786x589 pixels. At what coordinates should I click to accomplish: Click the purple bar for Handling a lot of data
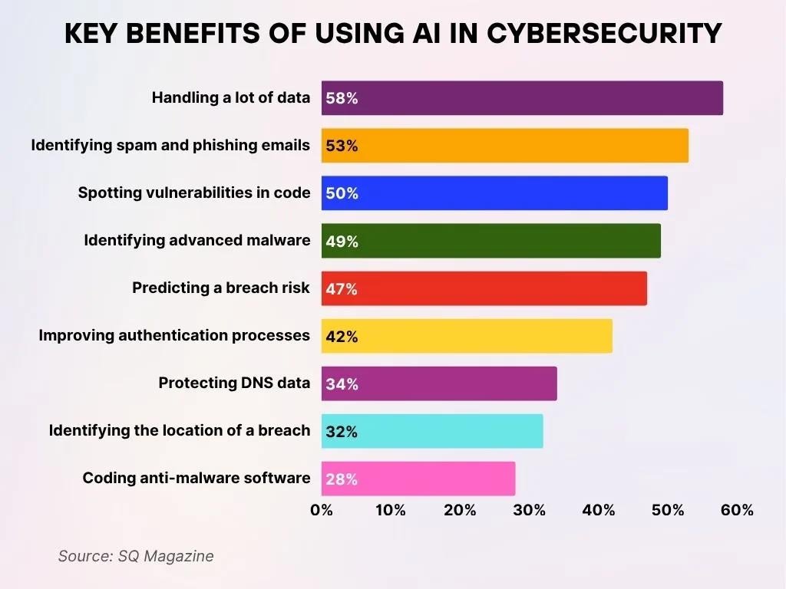click(522, 98)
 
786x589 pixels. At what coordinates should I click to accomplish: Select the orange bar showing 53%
click(504, 146)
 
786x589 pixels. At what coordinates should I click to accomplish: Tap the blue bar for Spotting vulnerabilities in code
click(494, 193)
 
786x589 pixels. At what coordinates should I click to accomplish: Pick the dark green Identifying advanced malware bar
click(490, 241)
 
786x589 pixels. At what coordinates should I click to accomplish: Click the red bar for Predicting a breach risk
click(484, 288)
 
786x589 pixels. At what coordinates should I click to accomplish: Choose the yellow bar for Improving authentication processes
click(467, 336)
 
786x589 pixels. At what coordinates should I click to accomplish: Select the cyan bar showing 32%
click(432, 431)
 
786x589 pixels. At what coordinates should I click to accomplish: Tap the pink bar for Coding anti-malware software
click(418, 479)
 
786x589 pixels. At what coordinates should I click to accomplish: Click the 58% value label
click(342, 98)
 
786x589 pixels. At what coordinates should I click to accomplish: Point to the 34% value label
click(342, 383)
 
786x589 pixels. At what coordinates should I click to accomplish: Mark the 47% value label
click(342, 288)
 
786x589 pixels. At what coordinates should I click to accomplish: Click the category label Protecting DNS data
click(234, 383)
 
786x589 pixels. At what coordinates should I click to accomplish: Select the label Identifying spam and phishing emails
click(170, 145)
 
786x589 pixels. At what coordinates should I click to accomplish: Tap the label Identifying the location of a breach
click(180, 430)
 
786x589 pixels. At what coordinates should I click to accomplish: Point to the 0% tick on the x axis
click(322, 510)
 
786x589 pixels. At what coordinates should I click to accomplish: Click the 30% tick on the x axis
click(529, 510)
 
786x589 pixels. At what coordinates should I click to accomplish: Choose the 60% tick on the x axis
click(737, 510)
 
